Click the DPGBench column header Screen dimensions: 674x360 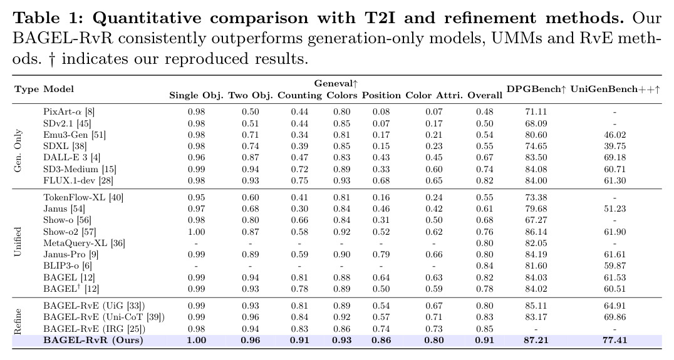pyautogui.click(x=536, y=89)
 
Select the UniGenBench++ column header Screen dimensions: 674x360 pyautogui.click(x=615, y=89)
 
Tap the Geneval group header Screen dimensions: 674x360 pyautogui.click(x=336, y=83)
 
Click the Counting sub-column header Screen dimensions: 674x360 pyautogui.click(x=299, y=95)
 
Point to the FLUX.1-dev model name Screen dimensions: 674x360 pyautogui.click(x=78, y=180)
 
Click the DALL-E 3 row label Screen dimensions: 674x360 pyautogui.click(x=72, y=158)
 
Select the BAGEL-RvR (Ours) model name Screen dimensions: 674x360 pyautogui.click(x=93, y=340)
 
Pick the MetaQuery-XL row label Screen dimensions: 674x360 pyautogui.click(x=84, y=243)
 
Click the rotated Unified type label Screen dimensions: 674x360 pyautogui.click(x=18, y=242)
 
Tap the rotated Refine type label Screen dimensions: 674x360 pyautogui.click(x=18, y=322)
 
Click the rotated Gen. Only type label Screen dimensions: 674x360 pyautogui.click(x=18, y=151)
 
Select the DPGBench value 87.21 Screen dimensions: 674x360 pyautogui.click(x=536, y=340)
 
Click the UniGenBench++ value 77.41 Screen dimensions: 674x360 pyautogui.click(x=614, y=340)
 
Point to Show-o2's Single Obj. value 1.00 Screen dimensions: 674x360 pyautogui.click(x=197, y=232)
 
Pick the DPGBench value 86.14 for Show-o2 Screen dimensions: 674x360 pyautogui.click(x=536, y=232)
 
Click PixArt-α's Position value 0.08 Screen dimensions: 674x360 pyautogui.click(x=381, y=111)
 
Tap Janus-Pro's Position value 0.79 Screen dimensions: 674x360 pyautogui.click(x=381, y=254)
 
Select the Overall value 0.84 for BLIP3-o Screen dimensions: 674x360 pyautogui.click(x=485, y=266)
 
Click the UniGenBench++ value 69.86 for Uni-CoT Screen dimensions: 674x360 pyautogui.click(x=614, y=317)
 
